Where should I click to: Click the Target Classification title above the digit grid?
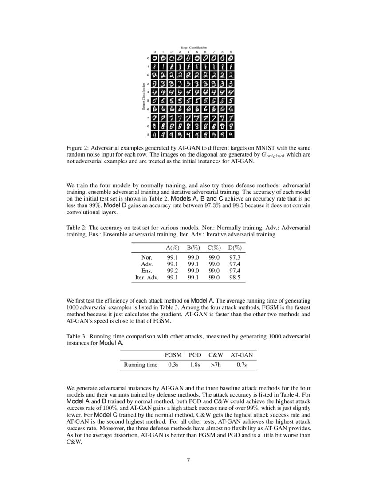click(193, 47)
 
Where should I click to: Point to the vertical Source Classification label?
click(143, 96)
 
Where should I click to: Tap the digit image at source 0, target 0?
click(154, 58)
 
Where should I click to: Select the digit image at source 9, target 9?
click(231, 134)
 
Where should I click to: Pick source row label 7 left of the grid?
click(148, 118)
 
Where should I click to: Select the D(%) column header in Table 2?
click(234, 248)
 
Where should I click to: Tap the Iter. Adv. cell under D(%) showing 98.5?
click(234, 278)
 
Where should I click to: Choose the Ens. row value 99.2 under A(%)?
click(173, 271)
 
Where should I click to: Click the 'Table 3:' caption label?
click(78, 336)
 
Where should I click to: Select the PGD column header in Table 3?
click(195, 355)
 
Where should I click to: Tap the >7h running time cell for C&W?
click(216, 365)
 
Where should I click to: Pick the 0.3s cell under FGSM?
click(173, 365)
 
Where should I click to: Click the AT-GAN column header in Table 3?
click(242, 355)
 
